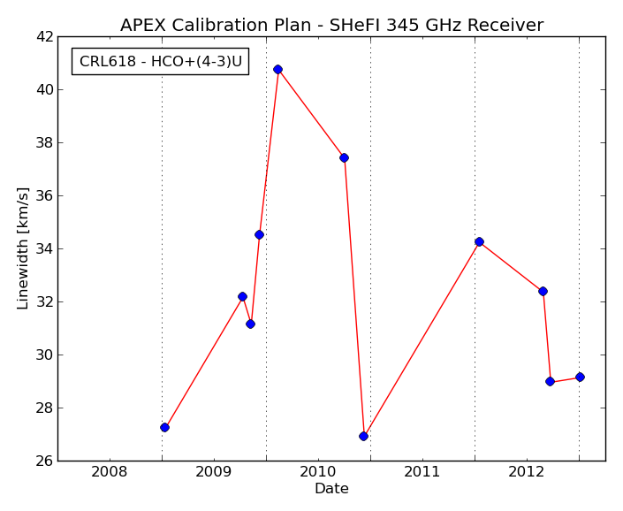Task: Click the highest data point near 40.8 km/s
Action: pyautogui.click(x=277, y=70)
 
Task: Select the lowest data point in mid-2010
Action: pyautogui.click(x=363, y=437)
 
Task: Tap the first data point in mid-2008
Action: pyautogui.click(x=165, y=428)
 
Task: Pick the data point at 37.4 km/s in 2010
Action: pyautogui.click(x=344, y=157)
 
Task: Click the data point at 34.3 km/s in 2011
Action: pyautogui.click(x=479, y=241)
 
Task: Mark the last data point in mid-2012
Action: pyautogui.click(x=580, y=378)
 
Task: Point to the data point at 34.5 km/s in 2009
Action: pyautogui.click(x=259, y=235)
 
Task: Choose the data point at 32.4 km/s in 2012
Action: pyautogui.click(x=543, y=291)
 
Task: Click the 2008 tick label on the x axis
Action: pyautogui.click(x=110, y=472)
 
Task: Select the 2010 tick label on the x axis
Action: pyautogui.click(x=318, y=472)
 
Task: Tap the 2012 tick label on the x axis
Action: pyautogui.click(x=527, y=472)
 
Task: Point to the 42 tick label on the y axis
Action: pyautogui.click(x=44, y=36)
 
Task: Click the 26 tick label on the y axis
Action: pyautogui.click(x=44, y=461)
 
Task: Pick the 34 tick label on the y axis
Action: pyautogui.click(x=44, y=248)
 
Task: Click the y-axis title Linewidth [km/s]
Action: pyautogui.click(x=23, y=248)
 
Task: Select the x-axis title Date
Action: pyautogui.click(x=331, y=488)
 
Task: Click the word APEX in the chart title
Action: pyautogui.click(x=143, y=25)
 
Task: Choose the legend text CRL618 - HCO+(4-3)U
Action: pyautogui.click(x=161, y=61)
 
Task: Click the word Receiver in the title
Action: pyautogui.click(x=505, y=25)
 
